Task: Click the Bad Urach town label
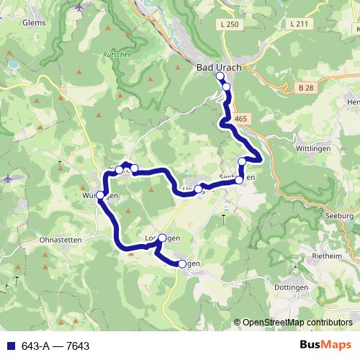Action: click(219, 67)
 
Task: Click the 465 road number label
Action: click(241, 118)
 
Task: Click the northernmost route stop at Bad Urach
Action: click(220, 75)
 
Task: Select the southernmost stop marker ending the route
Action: click(182, 264)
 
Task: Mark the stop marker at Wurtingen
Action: click(100, 195)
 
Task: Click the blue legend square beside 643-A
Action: click(8, 346)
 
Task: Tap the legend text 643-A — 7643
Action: click(55, 346)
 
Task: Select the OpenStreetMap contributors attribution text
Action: click(297, 323)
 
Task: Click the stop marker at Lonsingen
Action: click(162, 238)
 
